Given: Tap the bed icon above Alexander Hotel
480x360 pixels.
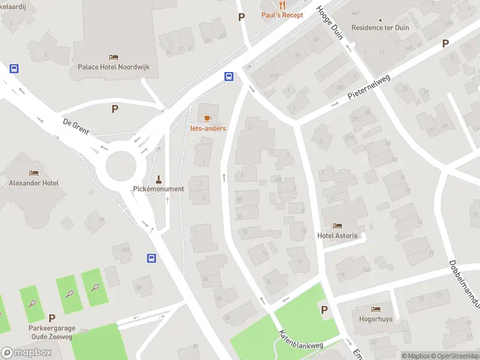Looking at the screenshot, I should pos(34,173).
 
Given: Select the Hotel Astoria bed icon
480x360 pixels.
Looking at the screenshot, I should pos(337,226).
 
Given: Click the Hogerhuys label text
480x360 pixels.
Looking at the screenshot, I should pos(376,319).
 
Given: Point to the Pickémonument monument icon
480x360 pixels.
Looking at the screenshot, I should pos(158,179).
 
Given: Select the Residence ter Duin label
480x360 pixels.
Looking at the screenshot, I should pos(380,28).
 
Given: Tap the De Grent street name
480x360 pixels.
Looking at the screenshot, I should pos(76,127).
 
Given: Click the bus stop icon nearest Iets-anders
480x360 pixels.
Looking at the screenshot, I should pos(229,76).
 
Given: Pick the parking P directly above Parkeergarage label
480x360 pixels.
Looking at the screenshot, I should pos(52,319).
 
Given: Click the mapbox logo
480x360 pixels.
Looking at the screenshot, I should pos(26,352).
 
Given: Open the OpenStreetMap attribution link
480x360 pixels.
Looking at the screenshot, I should pos(451,356).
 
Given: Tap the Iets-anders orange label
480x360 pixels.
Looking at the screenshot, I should pos(209,128).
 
